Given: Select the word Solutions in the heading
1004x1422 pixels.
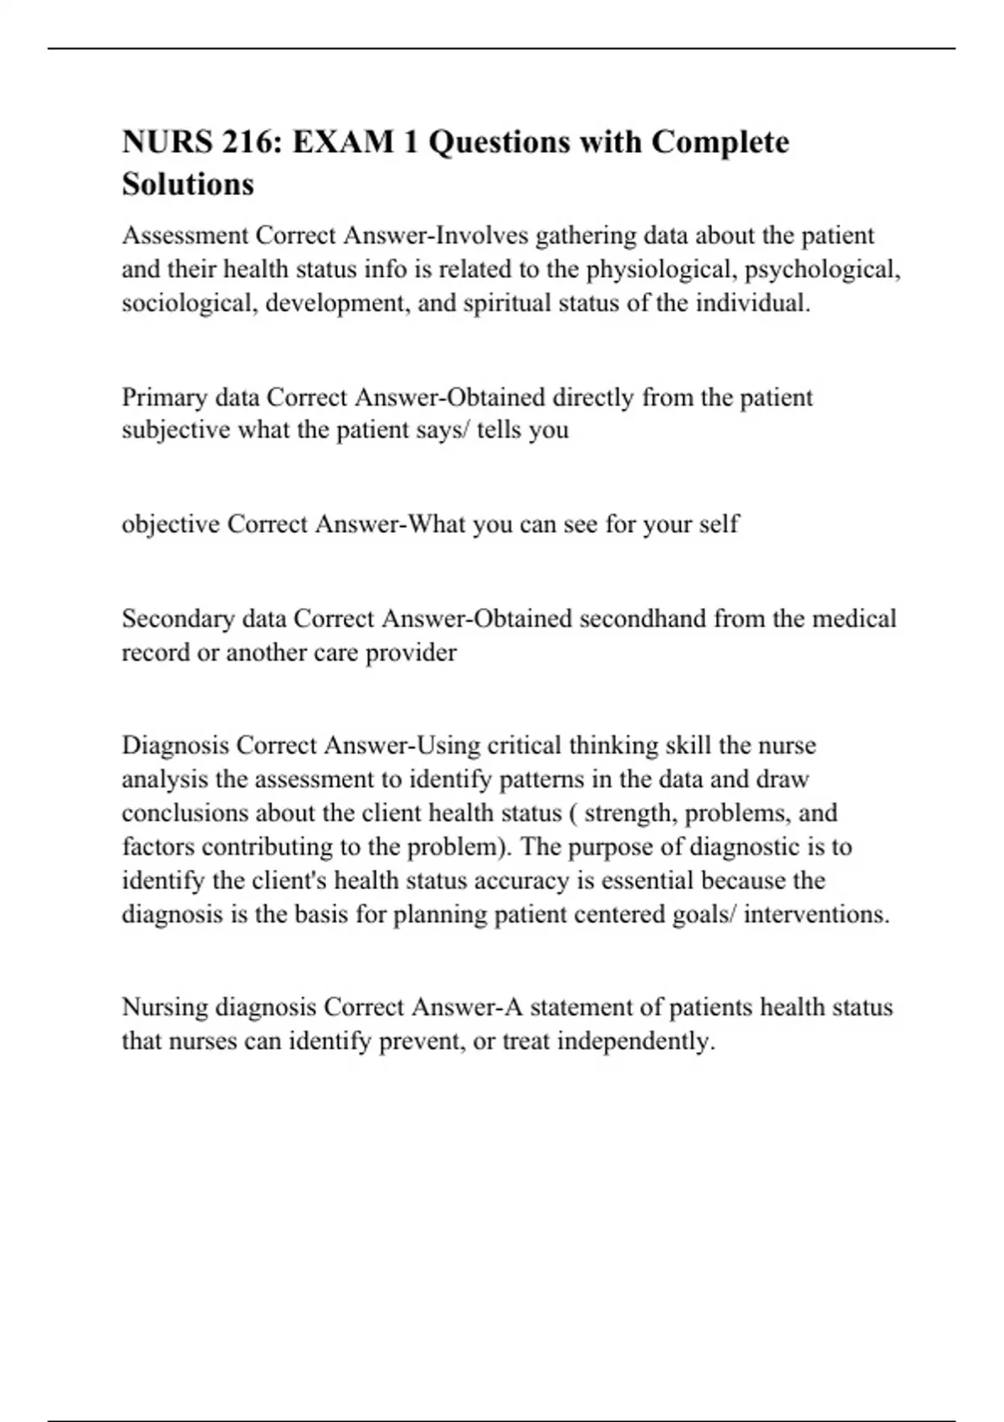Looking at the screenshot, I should pos(188,184).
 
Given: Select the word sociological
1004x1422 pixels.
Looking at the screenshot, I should pos(189,303).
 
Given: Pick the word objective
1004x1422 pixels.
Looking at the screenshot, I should pos(171,524).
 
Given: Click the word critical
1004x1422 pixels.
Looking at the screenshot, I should pos(524,745).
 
